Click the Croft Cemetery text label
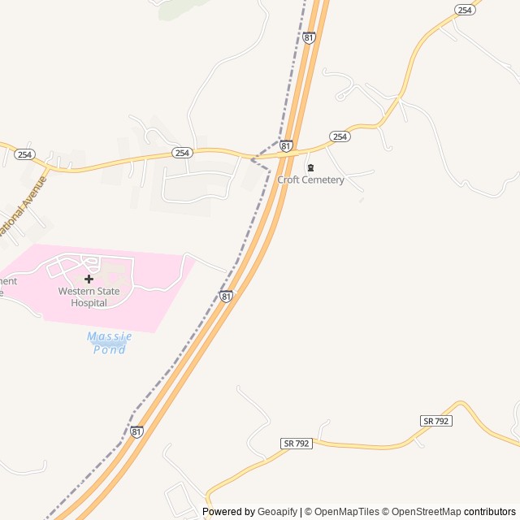[310, 180]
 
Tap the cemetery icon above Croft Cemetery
[310, 167]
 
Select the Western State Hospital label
[89, 297]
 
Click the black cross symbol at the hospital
[89, 279]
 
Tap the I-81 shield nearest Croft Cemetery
[286, 145]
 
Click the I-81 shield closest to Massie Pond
[226, 297]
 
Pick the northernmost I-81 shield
[309, 37]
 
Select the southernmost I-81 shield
[136, 431]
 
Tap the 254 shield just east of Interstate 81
[340, 136]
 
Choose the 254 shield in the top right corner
[464, 10]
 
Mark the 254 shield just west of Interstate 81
[182, 152]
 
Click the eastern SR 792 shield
[436, 420]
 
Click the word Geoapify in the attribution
[278, 512]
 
